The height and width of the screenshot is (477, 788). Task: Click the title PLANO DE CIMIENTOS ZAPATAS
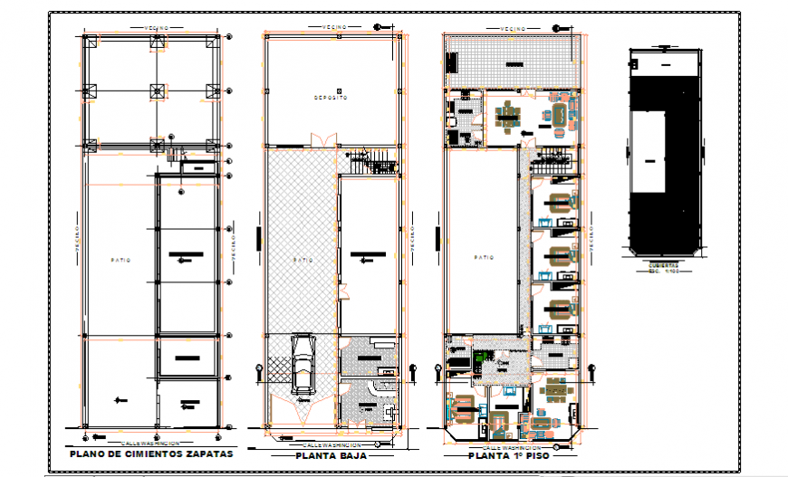[151, 453]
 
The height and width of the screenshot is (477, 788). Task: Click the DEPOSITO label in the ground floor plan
[331, 98]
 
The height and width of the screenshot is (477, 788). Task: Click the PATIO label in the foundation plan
[121, 260]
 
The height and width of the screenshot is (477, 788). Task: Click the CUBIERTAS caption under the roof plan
[666, 266]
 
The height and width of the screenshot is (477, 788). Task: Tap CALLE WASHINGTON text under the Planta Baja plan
[332, 445]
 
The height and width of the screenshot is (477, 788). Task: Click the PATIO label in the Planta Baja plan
[303, 260]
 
